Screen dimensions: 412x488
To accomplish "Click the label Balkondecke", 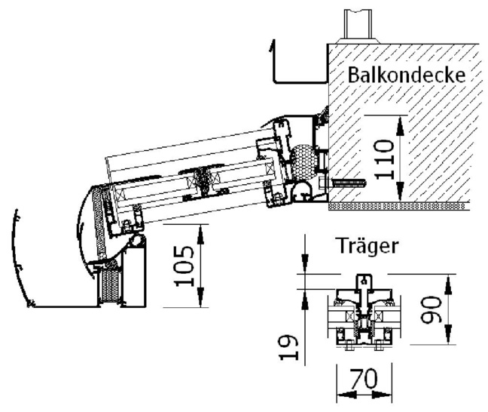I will coord(405,76).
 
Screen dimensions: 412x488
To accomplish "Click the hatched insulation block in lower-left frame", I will coord(110,287).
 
